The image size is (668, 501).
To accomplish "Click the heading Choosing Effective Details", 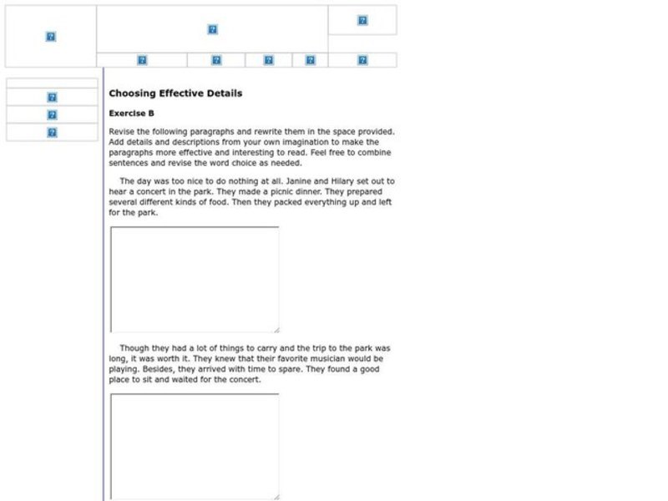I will (x=175, y=94).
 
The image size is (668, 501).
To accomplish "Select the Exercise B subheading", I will (x=131, y=113).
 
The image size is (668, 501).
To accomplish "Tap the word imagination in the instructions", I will (x=277, y=142).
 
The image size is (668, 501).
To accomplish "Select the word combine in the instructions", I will (x=372, y=153).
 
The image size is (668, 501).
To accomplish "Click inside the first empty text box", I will (x=194, y=279).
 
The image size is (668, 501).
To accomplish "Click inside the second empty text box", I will (x=194, y=446).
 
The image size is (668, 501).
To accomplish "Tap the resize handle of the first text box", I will (x=276, y=330).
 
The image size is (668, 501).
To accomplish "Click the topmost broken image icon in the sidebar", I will (x=52, y=98).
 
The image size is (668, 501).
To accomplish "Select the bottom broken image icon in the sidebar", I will (x=52, y=133).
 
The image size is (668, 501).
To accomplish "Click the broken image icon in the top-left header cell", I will (x=50, y=37).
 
